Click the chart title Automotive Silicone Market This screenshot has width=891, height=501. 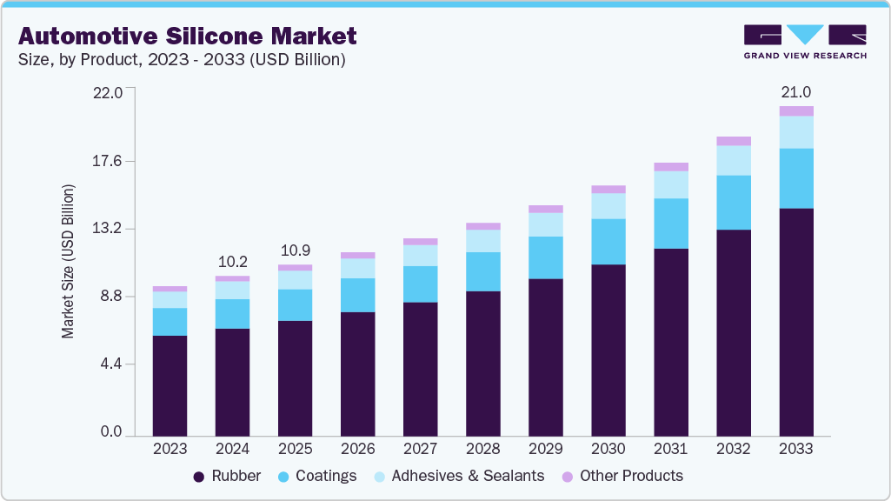[187, 36]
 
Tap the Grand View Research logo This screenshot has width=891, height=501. [805, 41]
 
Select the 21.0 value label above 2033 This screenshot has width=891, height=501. [795, 92]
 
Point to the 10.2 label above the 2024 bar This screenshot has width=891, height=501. [232, 261]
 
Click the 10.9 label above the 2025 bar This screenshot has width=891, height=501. [295, 250]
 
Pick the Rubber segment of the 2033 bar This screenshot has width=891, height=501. [795, 322]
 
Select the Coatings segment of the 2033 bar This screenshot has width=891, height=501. [795, 178]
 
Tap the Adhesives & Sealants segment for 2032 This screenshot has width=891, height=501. [733, 160]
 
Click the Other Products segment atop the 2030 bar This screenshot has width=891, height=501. [608, 189]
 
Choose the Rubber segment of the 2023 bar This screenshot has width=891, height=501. [170, 385]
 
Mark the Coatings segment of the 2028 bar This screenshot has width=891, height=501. [482, 271]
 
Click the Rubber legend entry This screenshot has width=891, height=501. [227, 476]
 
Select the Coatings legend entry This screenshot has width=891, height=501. [317, 476]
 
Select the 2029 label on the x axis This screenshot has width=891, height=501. [545, 449]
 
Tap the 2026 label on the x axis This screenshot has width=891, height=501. [357, 449]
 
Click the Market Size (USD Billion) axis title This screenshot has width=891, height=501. [68, 262]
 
